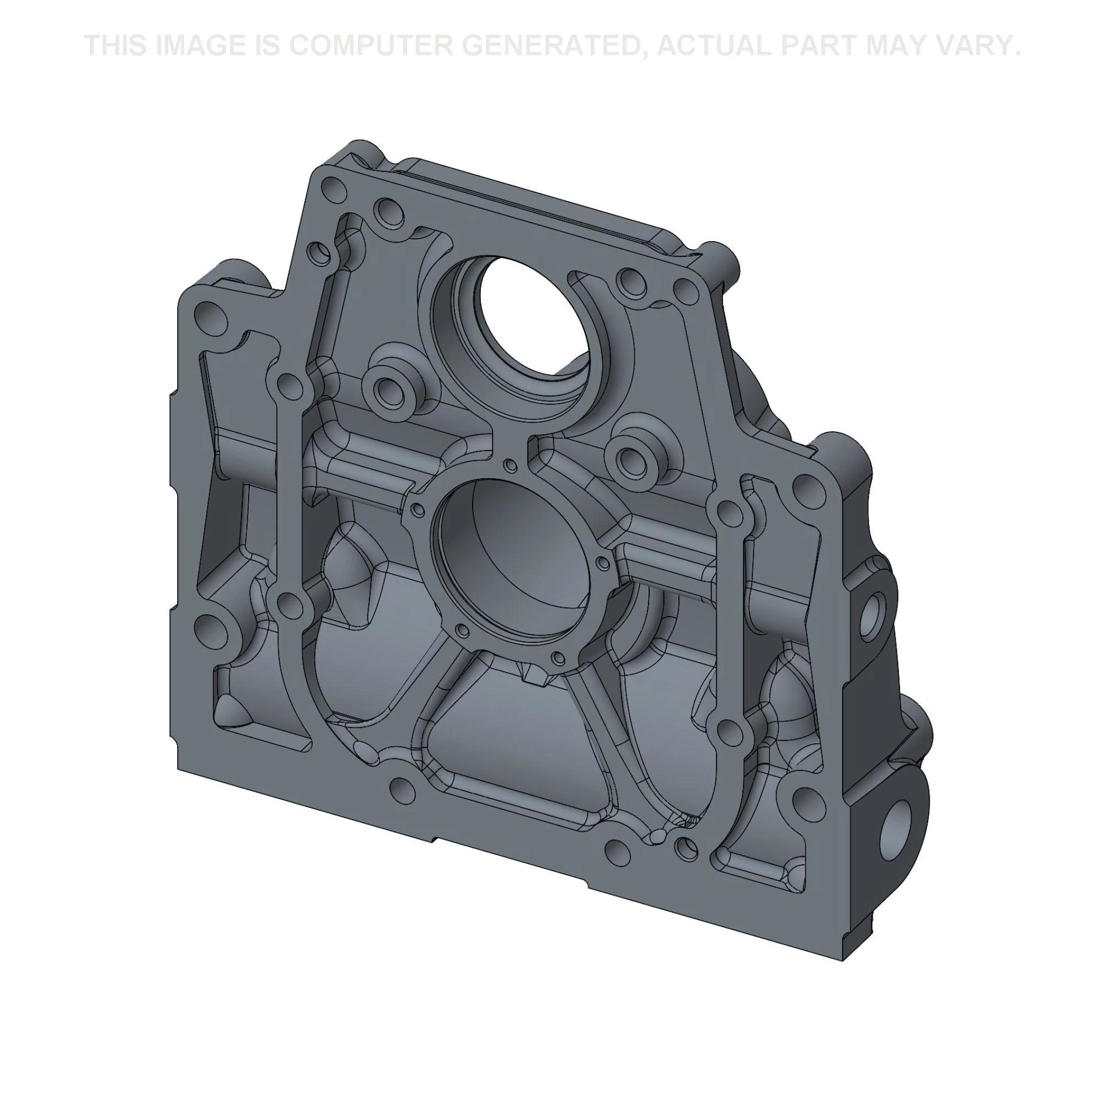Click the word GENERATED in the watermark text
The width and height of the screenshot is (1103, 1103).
(550, 45)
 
